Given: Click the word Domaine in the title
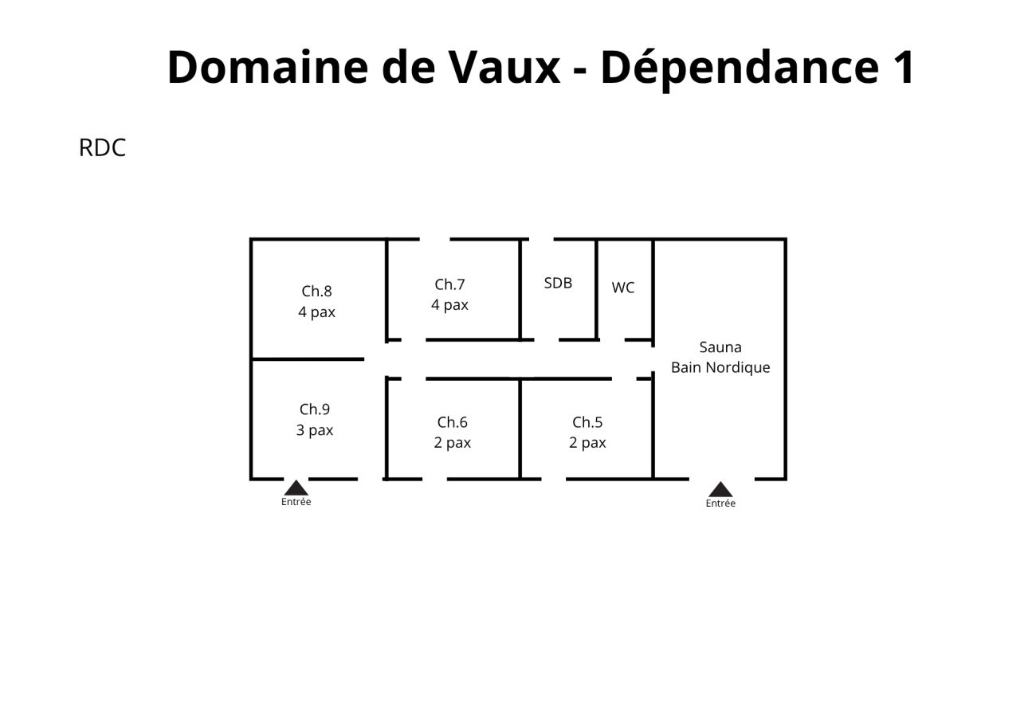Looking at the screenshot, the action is [268, 67].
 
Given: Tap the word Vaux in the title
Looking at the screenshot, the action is [504, 67].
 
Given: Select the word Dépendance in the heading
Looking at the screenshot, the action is [740, 69].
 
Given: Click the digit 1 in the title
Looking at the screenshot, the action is [902, 67].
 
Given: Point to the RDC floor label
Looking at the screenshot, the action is [102, 147].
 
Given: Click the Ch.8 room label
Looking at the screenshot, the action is [316, 292].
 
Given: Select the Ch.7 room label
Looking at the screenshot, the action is [449, 284].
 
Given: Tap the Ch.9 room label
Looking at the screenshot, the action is [315, 409].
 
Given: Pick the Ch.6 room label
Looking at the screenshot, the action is [453, 422].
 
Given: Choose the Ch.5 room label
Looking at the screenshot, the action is [587, 422].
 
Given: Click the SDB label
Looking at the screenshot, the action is [558, 283].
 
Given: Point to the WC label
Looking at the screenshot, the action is [623, 288].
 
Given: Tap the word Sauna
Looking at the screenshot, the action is [720, 347].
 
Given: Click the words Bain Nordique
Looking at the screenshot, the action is [720, 367].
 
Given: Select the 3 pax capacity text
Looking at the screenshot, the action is [315, 430].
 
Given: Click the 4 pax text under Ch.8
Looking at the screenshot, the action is [316, 312].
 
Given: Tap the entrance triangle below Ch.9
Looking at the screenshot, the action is [296, 488].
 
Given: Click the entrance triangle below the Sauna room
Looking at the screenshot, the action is [720, 490].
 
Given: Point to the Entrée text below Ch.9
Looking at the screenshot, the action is [296, 502].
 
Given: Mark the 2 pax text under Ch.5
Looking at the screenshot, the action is [587, 443].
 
